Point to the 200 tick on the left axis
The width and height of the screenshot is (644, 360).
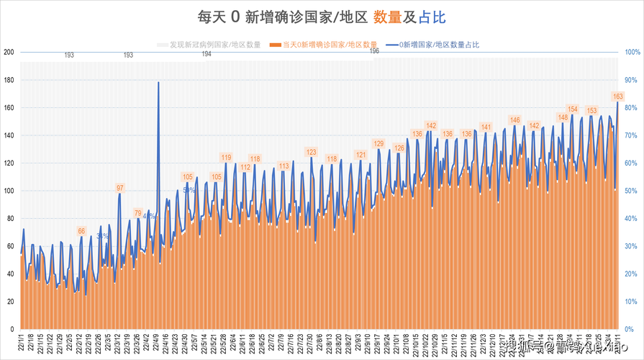point(9,52)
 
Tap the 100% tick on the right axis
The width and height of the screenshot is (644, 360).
point(631,52)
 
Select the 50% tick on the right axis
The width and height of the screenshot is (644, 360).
point(631,191)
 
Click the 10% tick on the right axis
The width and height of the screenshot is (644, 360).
point(631,302)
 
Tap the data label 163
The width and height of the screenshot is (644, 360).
point(617,96)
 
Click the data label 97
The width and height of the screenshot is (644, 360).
point(120,188)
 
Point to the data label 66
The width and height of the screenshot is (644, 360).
point(81,231)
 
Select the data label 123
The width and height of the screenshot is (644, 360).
point(312,152)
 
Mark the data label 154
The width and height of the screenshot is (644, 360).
point(573,109)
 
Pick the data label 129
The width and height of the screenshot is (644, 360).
point(379,144)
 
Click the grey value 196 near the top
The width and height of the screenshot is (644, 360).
point(375,51)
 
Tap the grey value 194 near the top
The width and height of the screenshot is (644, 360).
point(207,54)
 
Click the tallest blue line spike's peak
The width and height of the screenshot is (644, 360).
point(158,83)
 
